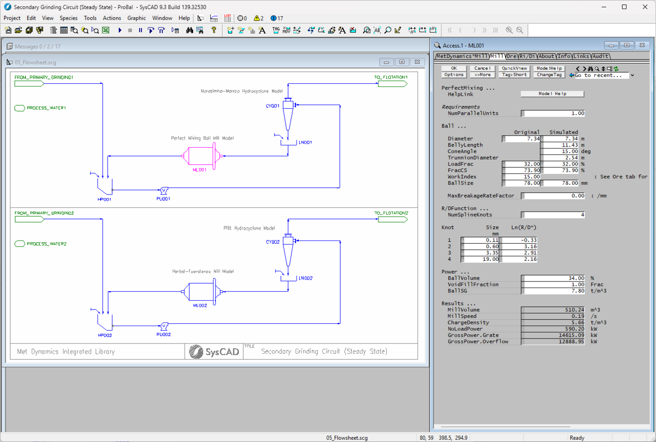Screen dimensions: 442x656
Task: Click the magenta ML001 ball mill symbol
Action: pyautogui.click(x=202, y=156)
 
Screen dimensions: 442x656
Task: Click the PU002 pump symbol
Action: pyautogui.click(x=164, y=327)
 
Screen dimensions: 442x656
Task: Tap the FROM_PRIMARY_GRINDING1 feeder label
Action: pyautogui.click(x=44, y=77)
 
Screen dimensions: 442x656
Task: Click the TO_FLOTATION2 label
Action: pyautogui.click(x=391, y=213)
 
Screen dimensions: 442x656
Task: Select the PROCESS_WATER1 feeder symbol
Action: pyautogui.click(x=20, y=108)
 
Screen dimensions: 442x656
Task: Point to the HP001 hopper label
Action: pyautogui.click(x=104, y=200)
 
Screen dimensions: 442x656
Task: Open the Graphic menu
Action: pyautogui.click(x=136, y=18)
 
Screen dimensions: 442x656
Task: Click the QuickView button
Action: pyautogui.click(x=514, y=68)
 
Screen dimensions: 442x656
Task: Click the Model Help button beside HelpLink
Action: pyautogui.click(x=552, y=94)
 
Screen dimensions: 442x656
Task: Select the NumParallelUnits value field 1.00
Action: pyautogui.click(x=554, y=113)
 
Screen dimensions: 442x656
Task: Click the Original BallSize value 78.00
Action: pyautogui.click(x=522, y=183)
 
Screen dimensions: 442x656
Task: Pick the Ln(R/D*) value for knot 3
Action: pyautogui.click(x=520, y=253)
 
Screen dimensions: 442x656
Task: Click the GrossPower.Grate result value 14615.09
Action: pyautogui.click(x=554, y=335)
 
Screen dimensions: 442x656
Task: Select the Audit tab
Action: pyautogui.click(x=600, y=56)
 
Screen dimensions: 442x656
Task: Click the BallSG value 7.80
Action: pyautogui.click(x=554, y=291)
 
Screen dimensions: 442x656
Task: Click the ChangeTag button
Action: pyautogui.click(x=549, y=75)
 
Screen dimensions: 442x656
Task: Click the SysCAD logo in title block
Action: pyautogui.click(x=214, y=352)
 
